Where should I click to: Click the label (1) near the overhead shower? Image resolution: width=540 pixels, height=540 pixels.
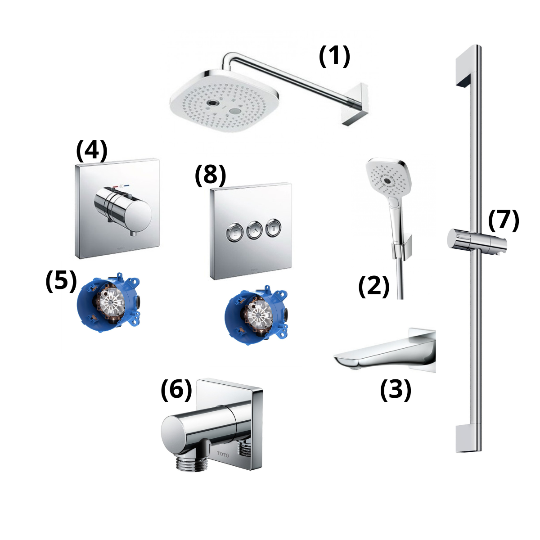[334, 57]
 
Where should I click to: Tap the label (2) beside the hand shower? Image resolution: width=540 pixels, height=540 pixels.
[373, 286]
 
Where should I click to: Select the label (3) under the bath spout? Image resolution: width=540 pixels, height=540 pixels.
[396, 390]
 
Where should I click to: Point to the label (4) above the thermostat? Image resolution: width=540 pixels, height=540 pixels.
[92, 151]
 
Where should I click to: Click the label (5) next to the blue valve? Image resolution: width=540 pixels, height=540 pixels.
[61, 282]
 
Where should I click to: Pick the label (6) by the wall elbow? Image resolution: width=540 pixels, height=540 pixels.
[176, 390]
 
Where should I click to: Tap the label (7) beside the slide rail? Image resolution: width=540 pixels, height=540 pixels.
[504, 220]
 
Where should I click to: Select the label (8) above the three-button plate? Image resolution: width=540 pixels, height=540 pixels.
[210, 175]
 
